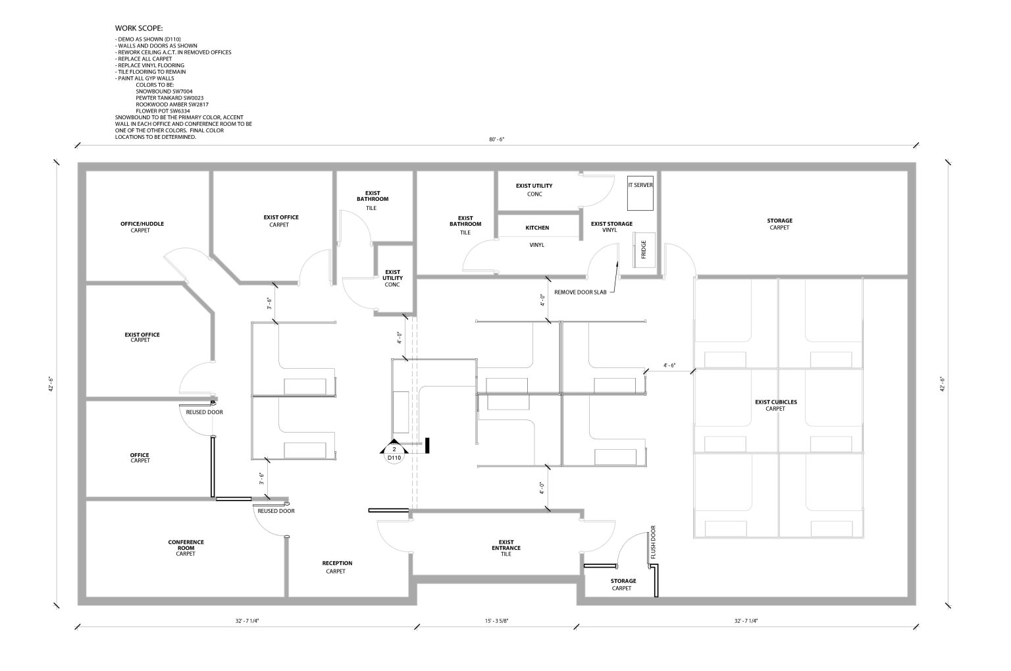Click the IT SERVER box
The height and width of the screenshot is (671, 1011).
click(640, 193)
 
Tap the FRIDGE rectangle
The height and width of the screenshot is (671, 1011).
click(644, 250)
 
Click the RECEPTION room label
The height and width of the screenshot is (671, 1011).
click(337, 563)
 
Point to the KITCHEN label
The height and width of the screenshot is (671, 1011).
click(537, 228)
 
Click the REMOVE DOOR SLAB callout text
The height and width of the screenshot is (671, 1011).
click(580, 292)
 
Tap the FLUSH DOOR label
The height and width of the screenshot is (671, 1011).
click(653, 542)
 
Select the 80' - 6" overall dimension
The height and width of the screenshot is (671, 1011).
click(496, 140)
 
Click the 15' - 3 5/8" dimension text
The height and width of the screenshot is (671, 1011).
click(496, 621)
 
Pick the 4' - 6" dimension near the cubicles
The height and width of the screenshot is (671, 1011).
click(669, 365)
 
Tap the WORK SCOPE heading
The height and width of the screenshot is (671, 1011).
click(139, 28)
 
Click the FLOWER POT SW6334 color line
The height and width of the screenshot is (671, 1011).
click(163, 111)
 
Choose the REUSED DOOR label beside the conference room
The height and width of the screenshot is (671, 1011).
click(276, 511)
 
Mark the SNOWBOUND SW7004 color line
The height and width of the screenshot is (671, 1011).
click(164, 92)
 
